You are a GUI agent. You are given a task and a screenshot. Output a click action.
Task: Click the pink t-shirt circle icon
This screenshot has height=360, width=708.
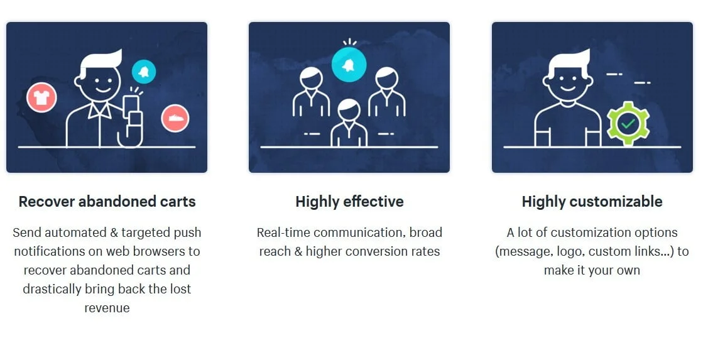coord(41,97)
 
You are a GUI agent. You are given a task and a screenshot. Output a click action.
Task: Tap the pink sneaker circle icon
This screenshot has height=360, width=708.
coord(175,118)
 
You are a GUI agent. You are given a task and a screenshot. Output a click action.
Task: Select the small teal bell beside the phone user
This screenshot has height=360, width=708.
coord(144,72)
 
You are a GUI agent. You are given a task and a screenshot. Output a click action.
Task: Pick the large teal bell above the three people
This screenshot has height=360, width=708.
coord(349,65)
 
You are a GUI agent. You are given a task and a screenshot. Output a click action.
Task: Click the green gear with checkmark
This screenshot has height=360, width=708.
coord(628,123)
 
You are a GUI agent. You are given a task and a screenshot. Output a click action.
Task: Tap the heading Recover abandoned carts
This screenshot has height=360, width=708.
coord(107,202)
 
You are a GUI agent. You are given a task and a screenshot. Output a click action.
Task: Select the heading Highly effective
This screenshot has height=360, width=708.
coord(349,202)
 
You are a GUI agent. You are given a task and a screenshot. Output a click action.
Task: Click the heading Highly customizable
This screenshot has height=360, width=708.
coord(592,202)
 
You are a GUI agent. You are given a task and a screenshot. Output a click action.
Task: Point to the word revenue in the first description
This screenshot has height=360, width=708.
coord(107,308)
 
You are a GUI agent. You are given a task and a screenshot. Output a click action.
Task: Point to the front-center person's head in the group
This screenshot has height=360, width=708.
coord(349,110)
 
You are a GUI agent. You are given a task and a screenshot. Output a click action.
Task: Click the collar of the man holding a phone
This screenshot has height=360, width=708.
coord(100,110)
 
